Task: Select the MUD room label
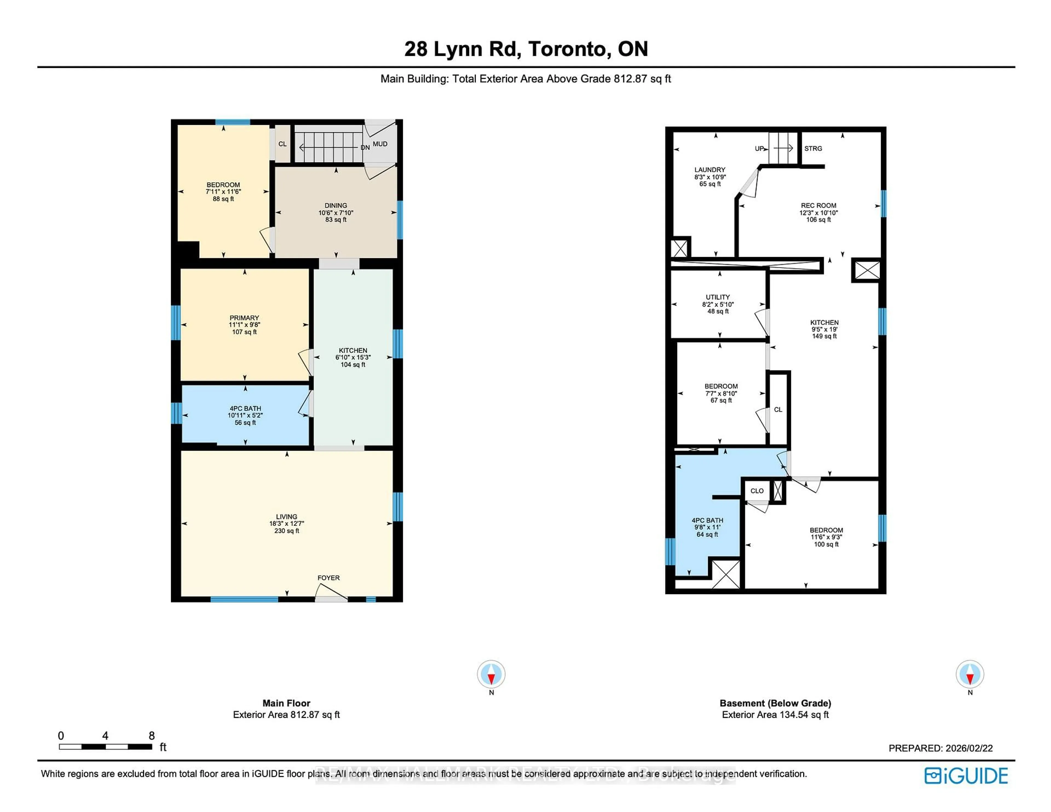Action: point(380,144)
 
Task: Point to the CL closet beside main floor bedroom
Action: point(282,144)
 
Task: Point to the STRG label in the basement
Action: point(813,149)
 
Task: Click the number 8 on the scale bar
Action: point(152,735)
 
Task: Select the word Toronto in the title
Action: point(566,49)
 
